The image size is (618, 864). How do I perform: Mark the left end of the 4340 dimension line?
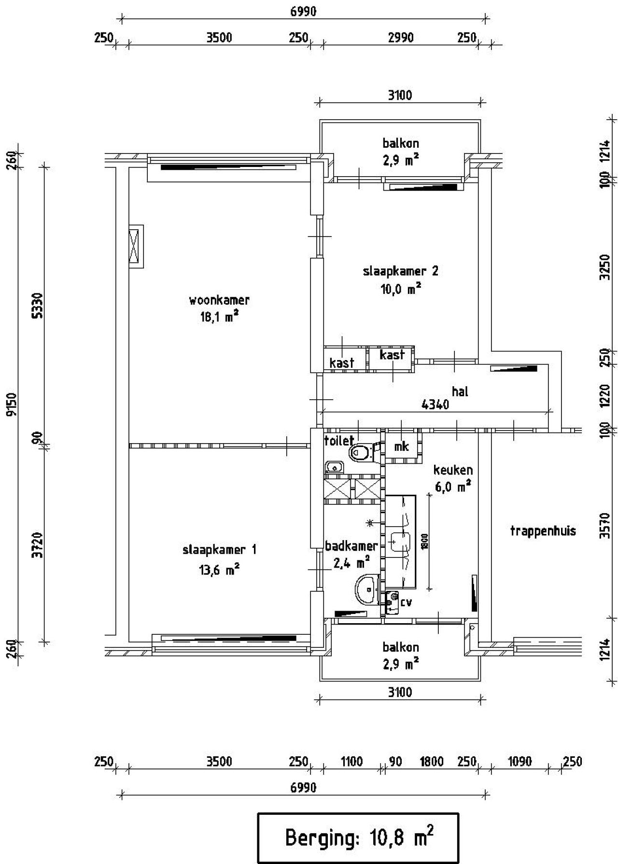coord(323,411)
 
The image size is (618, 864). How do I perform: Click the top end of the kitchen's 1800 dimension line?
coord(429,494)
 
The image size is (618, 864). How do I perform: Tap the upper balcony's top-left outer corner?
coord(320,120)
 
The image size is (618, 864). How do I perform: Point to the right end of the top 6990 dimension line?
coord(486,20)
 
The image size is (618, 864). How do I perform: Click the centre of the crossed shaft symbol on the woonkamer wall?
coord(136,246)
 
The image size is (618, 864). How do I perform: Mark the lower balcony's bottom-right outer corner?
coord(481,681)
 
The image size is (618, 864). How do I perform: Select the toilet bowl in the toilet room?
coord(361,452)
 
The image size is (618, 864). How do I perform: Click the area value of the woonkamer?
coord(219,318)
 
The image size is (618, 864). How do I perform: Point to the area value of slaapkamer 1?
coord(220,570)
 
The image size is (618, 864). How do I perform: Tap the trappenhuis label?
coord(543,531)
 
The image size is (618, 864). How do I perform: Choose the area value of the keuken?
coord(453,487)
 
